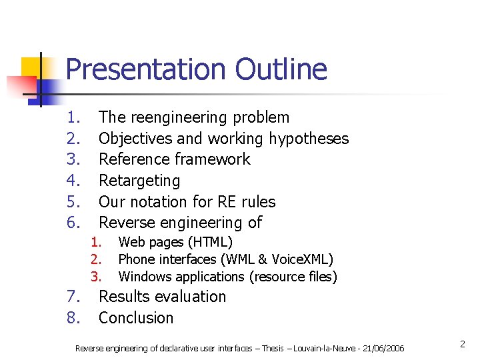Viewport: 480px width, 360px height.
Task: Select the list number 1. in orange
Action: pos(73,117)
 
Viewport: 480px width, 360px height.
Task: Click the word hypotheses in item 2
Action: pos(309,139)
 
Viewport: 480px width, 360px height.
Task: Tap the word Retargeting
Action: pos(139,181)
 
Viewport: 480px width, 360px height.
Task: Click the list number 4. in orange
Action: pos(73,181)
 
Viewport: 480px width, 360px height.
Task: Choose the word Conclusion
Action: pos(136,318)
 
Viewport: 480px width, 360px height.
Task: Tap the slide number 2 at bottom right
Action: pos(461,344)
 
